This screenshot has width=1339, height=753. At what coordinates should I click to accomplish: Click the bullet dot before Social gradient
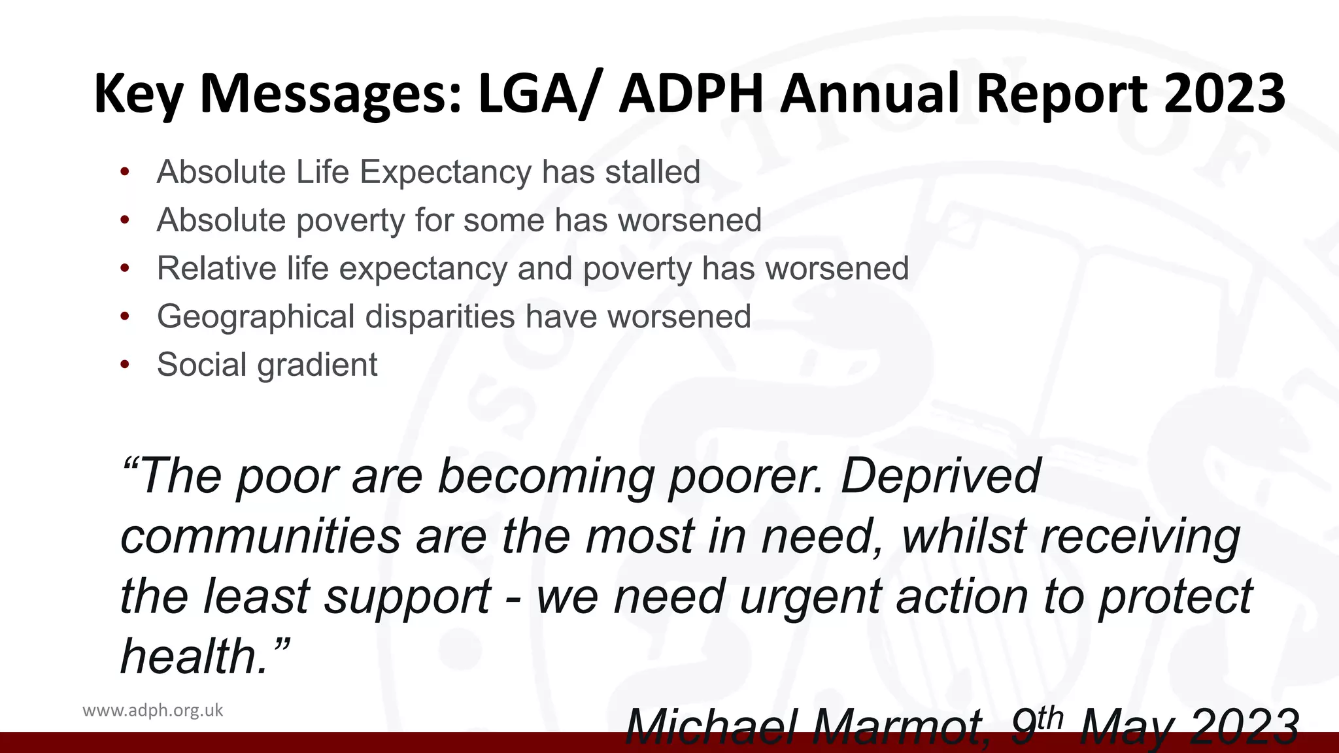(125, 365)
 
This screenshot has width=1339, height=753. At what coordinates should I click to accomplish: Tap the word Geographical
(255, 317)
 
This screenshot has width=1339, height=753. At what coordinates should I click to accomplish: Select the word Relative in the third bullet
(216, 268)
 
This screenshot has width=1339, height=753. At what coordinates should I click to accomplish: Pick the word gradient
(317, 365)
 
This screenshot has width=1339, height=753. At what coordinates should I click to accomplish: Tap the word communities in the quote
(260, 536)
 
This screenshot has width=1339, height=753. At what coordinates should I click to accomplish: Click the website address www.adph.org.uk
(153, 711)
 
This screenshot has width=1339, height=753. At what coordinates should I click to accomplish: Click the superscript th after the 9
(1050, 717)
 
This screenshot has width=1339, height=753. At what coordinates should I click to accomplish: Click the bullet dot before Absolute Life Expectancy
(125, 173)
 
